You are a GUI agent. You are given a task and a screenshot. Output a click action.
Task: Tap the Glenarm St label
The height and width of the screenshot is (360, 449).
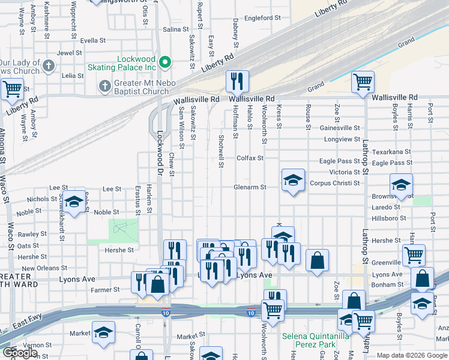(250, 187)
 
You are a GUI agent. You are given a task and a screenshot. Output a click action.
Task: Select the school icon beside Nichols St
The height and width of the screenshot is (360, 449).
(74, 203)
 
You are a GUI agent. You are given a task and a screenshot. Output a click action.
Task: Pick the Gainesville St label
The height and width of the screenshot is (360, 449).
(340, 128)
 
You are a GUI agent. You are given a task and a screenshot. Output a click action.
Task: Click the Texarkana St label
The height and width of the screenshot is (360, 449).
(391, 152)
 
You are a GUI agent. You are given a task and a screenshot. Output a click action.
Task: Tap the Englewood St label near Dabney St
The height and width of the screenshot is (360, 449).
(262, 18)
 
